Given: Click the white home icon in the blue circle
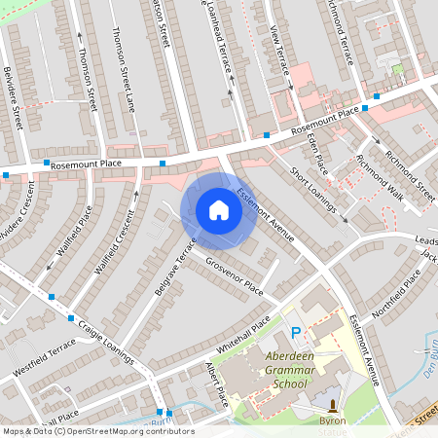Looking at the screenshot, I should (219, 210).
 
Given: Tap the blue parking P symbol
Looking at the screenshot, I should (296, 334).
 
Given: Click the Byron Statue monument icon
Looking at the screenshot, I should (332, 405).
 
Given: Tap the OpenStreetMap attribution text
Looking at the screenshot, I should (97, 431).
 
